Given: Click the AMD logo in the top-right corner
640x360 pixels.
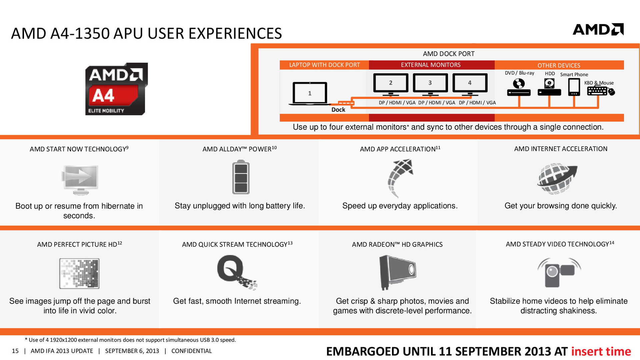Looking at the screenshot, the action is pos(598,29).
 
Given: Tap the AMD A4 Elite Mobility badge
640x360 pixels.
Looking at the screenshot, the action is pos(116,89).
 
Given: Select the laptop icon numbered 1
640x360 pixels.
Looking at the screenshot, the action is pos(310,94).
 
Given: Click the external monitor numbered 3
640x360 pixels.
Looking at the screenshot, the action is pos(430,84).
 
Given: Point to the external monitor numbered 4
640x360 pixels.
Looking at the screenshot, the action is pos(470,84).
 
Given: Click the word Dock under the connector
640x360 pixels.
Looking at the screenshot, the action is pos(338,110).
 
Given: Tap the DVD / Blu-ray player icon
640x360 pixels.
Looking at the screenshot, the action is pos(519,87).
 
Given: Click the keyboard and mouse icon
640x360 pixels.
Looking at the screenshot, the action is pos(601,91).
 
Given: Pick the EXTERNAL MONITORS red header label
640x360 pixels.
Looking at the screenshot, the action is pos(431,65).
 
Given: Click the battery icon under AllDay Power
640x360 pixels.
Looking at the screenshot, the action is pos(241,177).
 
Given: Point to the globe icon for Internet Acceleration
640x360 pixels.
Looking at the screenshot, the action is pos(557,178).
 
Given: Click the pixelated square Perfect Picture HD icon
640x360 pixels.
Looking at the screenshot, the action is pos(79,273).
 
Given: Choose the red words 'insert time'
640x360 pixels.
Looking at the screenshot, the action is pos(601,351).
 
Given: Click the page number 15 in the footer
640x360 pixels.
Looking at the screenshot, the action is pos(15,351).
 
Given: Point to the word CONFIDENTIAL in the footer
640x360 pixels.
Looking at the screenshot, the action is pos(192,351).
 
